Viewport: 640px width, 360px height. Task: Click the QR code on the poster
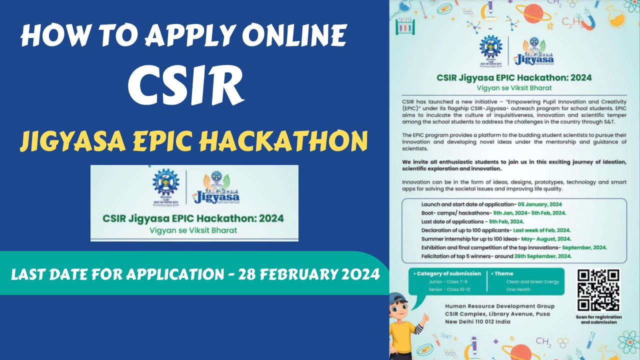[598, 290]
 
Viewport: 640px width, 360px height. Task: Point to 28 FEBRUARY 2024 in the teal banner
[309, 274]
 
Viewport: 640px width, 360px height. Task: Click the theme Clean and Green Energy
[532, 281]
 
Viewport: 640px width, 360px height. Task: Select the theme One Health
[518, 289]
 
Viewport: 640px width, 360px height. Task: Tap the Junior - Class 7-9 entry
[440, 281]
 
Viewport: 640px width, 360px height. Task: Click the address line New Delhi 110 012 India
[478, 321]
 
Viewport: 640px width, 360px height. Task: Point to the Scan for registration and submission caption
[598, 319]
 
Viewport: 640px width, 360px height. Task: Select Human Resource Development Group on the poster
[499, 306]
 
